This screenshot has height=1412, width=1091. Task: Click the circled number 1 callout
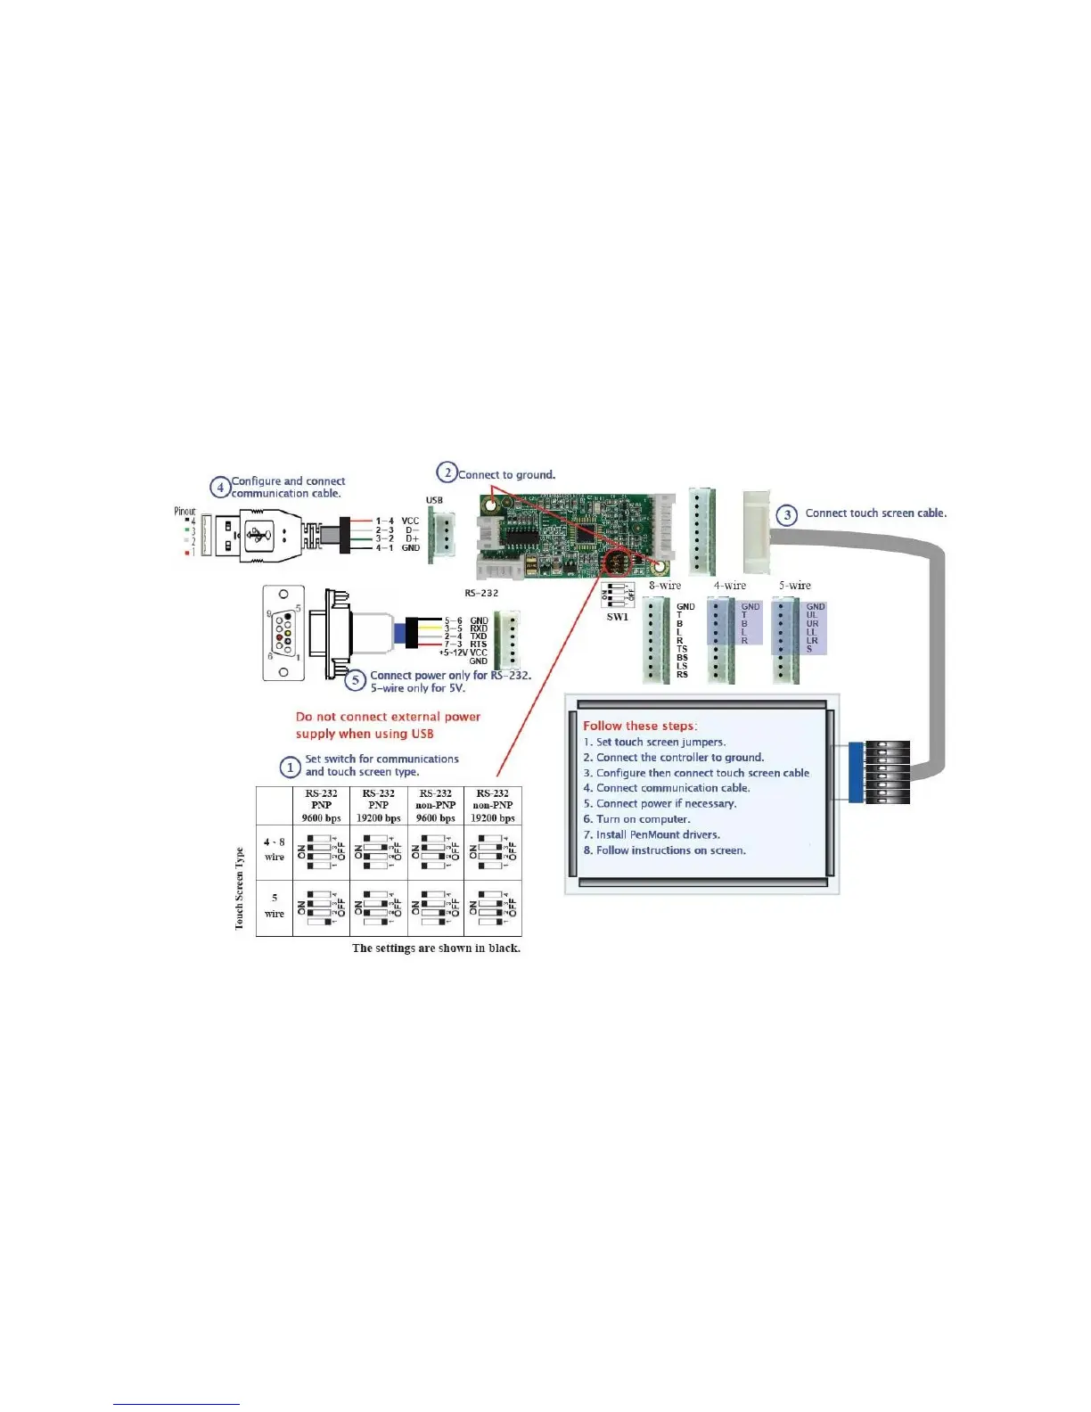(x=290, y=767)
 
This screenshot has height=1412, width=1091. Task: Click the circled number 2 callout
(x=447, y=472)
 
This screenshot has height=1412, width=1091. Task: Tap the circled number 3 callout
(x=786, y=514)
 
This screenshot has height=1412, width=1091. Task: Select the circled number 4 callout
(x=220, y=487)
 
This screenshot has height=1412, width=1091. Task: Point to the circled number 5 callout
(x=356, y=681)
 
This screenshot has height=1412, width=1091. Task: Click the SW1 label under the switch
(x=617, y=617)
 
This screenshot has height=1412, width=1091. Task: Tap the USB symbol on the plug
(x=258, y=535)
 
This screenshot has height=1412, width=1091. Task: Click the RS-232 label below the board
(x=481, y=593)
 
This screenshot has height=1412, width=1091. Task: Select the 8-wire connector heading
(x=665, y=586)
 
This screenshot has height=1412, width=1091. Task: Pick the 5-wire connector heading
(x=794, y=586)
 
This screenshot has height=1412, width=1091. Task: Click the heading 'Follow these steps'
(x=640, y=726)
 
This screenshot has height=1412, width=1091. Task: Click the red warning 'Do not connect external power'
(x=388, y=717)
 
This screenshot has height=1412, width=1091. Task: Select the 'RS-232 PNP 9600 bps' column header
(x=321, y=805)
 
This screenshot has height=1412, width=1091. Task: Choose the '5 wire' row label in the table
(x=275, y=906)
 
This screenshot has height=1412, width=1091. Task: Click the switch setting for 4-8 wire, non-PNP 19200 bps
(x=493, y=851)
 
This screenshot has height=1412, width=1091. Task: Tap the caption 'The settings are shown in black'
(x=436, y=948)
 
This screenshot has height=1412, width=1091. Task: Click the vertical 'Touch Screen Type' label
(x=239, y=889)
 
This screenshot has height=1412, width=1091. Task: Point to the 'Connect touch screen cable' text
(x=875, y=513)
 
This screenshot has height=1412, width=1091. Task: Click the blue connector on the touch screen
(x=856, y=772)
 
